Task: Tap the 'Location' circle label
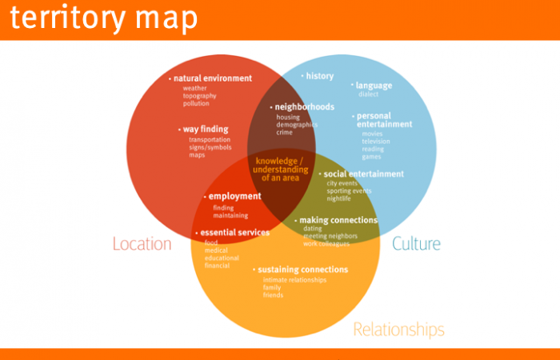[x=142, y=243]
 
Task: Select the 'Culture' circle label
[x=416, y=243]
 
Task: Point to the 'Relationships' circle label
[x=398, y=329]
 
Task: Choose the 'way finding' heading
[x=206, y=129]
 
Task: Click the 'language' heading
[x=374, y=85]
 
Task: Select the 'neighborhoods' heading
[x=304, y=106]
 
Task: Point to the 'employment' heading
[x=235, y=196]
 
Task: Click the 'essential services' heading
[x=235, y=233]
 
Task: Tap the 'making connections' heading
[x=338, y=220]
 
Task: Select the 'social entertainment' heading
[x=364, y=174]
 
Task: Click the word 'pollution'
[x=196, y=103]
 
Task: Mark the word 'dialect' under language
[x=369, y=94]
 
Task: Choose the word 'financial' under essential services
[x=217, y=266]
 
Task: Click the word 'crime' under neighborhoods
[x=285, y=133]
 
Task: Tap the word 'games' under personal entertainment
[x=371, y=157]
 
